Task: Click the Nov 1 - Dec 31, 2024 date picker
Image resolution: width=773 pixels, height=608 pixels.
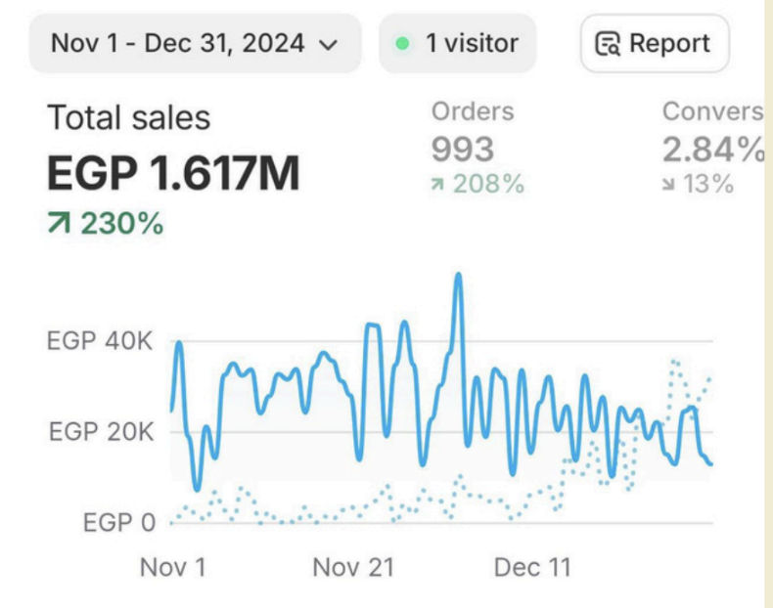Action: coord(194,44)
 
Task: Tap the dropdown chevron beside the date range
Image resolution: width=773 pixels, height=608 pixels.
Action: coord(329,44)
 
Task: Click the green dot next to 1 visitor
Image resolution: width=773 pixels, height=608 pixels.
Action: coord(402,44)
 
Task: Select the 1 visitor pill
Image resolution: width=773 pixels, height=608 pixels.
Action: coord(457,44)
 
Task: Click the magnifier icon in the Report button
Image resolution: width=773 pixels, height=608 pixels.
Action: coord(609,44)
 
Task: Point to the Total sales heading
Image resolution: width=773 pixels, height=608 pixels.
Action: coord(129,118)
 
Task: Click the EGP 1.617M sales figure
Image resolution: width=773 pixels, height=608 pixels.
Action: coord(173,174)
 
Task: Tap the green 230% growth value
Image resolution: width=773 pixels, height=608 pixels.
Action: coord(120,224)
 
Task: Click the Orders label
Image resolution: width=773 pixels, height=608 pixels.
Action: coord(473,111)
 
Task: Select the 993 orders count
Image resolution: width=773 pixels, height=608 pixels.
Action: coord(463,150)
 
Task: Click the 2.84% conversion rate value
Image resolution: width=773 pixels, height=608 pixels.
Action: coord(712,150)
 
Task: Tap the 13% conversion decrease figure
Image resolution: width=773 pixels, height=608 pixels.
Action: coord(710,183)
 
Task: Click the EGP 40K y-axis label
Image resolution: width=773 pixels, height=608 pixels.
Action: coord(101,342)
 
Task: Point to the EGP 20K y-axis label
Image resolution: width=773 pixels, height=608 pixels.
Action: coord(101,432)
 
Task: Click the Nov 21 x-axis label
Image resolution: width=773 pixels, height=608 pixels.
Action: coord(353,567)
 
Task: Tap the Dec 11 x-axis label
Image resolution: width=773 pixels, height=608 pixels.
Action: coord(532,567)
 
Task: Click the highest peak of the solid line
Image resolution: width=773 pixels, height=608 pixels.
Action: coord(458,276)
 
